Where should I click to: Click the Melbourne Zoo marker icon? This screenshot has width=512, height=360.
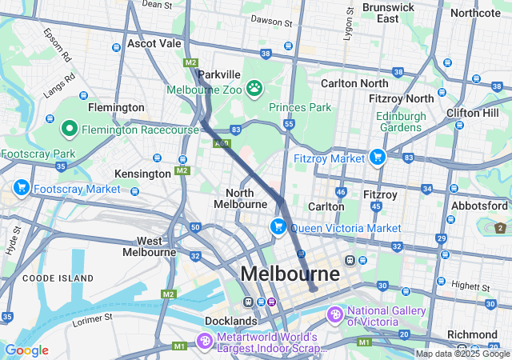click(x=254, y=87)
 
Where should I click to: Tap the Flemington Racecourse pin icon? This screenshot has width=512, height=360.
click(x=69, y=128)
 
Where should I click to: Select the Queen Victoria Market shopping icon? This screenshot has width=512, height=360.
click(x=279, y=227)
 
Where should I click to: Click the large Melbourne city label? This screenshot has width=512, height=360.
click(x=290, y=274)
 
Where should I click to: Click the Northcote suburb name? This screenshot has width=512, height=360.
click(x=475, y=13)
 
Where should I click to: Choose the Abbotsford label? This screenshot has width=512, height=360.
click(x=479, y=205)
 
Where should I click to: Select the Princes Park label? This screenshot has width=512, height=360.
click(x=299, y=107)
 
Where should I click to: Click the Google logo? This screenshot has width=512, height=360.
click(x=26, y=350)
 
